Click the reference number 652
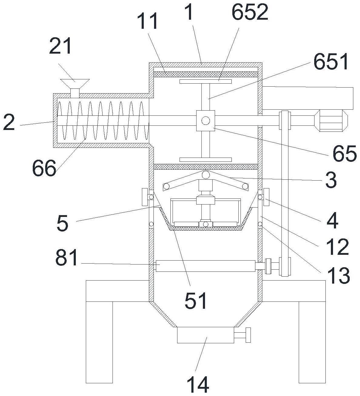click(x=250, y=13)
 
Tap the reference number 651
click(x=331, y=62)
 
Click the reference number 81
click(x=67, y=258)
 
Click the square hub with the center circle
click(x=206, y=120)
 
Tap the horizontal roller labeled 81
click(x=205, y=266)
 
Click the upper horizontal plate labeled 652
click(x=205, y=81)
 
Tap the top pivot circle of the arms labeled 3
click(x=206, y=175)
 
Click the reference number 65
click(x=345, y=153)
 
